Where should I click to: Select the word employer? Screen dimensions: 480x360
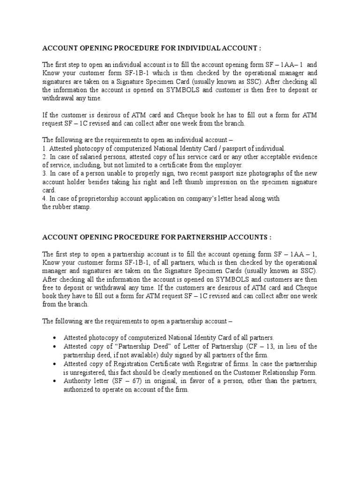227,165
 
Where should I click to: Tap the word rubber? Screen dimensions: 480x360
63,207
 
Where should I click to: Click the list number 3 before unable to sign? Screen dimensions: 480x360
44,173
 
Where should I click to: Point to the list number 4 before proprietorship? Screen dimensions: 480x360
44,199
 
